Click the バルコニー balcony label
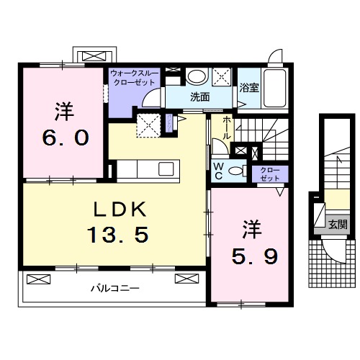pos(114,288)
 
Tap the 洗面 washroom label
pos(199,96)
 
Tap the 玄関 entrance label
pos(336,224)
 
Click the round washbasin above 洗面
pos(195,76)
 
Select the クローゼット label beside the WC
pos(269,173)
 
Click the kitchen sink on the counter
pos(166,169)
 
